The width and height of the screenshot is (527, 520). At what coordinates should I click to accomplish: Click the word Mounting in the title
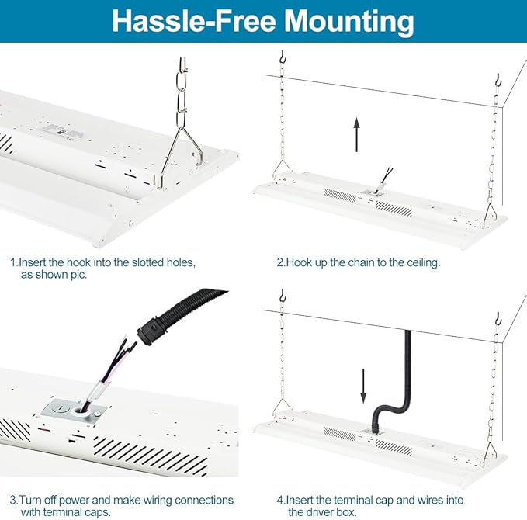point(348,22)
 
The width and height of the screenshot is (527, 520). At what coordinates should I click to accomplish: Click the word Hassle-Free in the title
point(193,21)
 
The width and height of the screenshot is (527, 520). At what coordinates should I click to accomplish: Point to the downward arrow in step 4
point(363,386)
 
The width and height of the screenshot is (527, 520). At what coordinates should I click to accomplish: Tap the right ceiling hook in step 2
point(498,81)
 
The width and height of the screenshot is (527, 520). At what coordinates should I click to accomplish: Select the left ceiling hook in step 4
point(283,295)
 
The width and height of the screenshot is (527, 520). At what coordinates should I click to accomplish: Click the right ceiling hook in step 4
point(498,319)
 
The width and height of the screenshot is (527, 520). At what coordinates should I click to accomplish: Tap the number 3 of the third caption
point(13,500)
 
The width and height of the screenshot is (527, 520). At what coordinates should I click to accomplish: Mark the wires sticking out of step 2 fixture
point(385,178)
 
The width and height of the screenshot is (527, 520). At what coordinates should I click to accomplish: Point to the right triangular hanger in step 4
point(491,453)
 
